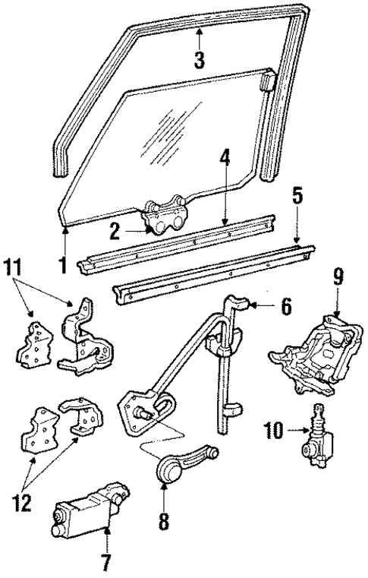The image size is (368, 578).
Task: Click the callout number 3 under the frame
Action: coord(199,60)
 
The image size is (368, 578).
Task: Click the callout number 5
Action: coord(297,196)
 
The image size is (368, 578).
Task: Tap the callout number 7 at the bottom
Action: coord(107,563)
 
